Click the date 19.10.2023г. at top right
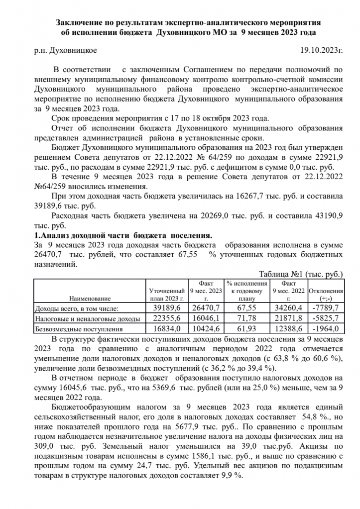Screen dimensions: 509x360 pos(322,50)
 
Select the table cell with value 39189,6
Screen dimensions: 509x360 pos(167,308)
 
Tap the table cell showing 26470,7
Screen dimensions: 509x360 pos(207,308)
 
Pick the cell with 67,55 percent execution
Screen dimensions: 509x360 pos(246,308)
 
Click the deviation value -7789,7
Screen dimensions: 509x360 pos(326,308)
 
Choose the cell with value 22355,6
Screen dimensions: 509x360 pos(167,318)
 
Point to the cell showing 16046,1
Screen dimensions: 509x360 pos(207,318)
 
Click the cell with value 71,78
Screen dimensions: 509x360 pos(246,318)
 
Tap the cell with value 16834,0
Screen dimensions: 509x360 pos(167,329)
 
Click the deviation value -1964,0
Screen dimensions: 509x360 pos(326,329)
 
